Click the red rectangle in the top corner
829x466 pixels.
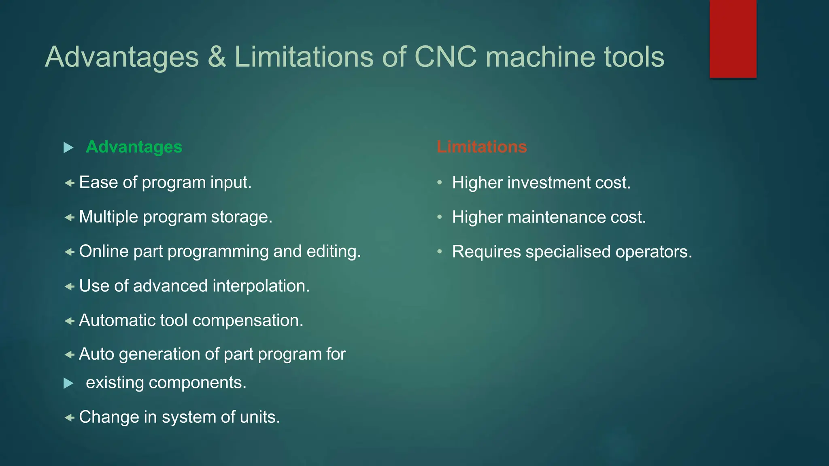coord(733,38)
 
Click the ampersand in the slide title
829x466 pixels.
coord(217,57)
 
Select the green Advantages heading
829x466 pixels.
coord(134,147)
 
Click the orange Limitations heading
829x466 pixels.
coord(482,147)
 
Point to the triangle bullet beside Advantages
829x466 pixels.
coord(68,148)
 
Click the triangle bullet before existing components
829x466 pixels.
coord(68,383)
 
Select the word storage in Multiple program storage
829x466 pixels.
coord(241,217)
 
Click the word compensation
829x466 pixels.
coord(247,320)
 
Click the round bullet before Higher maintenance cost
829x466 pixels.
coord(440,217)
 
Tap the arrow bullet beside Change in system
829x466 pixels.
coord(70,417)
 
